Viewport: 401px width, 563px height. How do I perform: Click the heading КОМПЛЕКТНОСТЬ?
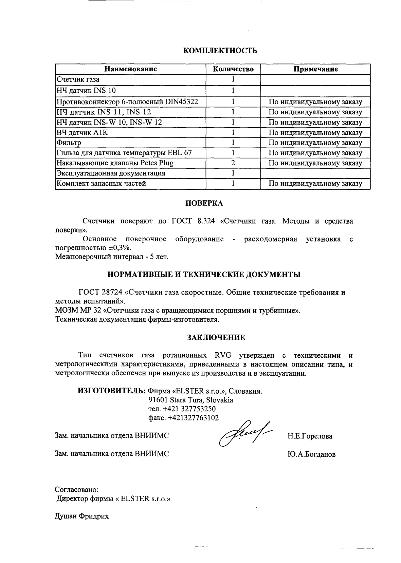click(x=220, y=51)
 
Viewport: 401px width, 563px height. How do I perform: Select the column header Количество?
click(x=233, y=69)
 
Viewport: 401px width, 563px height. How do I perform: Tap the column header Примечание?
click(x=315, y=69)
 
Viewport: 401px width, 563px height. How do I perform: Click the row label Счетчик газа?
click(x=78, y=80)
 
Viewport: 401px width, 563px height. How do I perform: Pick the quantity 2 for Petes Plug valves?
click(x=233, y=163)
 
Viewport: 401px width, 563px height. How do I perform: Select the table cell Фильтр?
click(x=69, y=143)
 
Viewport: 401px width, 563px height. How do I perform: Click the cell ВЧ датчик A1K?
click(x=83, y=133)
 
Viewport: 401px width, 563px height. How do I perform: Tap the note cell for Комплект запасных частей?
click(x=315, y=184)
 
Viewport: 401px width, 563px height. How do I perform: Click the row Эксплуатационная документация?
click(x=111, y=173)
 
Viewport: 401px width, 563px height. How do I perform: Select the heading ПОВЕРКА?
click(x=204, y=203)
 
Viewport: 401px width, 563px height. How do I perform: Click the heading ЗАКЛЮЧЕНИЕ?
click(x=216, y=338)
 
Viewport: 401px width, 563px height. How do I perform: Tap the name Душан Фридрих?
click(x=82, y=517)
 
